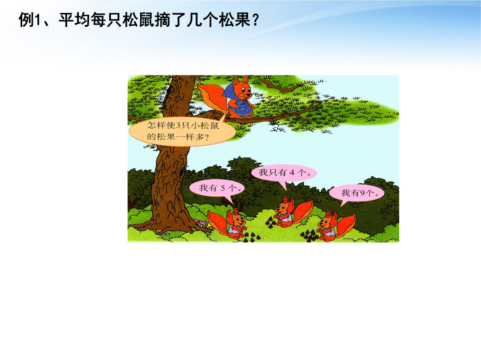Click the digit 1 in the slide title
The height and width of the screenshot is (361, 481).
38,20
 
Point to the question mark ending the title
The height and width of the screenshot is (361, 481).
255,21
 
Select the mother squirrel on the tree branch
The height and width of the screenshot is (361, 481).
233,98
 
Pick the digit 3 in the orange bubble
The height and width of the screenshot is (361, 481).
179,125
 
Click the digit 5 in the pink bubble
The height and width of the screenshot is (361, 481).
223,188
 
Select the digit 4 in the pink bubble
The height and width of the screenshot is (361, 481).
292,172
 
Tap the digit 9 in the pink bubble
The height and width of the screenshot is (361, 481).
362,193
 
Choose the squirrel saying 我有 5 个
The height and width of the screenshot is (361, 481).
228,223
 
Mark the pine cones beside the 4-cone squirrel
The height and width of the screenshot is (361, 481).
272,222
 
